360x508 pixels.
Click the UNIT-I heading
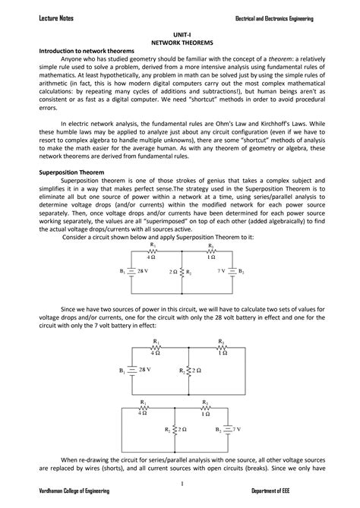click(x=181, y=36)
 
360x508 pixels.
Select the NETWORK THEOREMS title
click(x=181, y=43)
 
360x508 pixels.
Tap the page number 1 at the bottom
click(x=180, y=483)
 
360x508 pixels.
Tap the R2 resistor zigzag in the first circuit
click(x=181, y=270)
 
